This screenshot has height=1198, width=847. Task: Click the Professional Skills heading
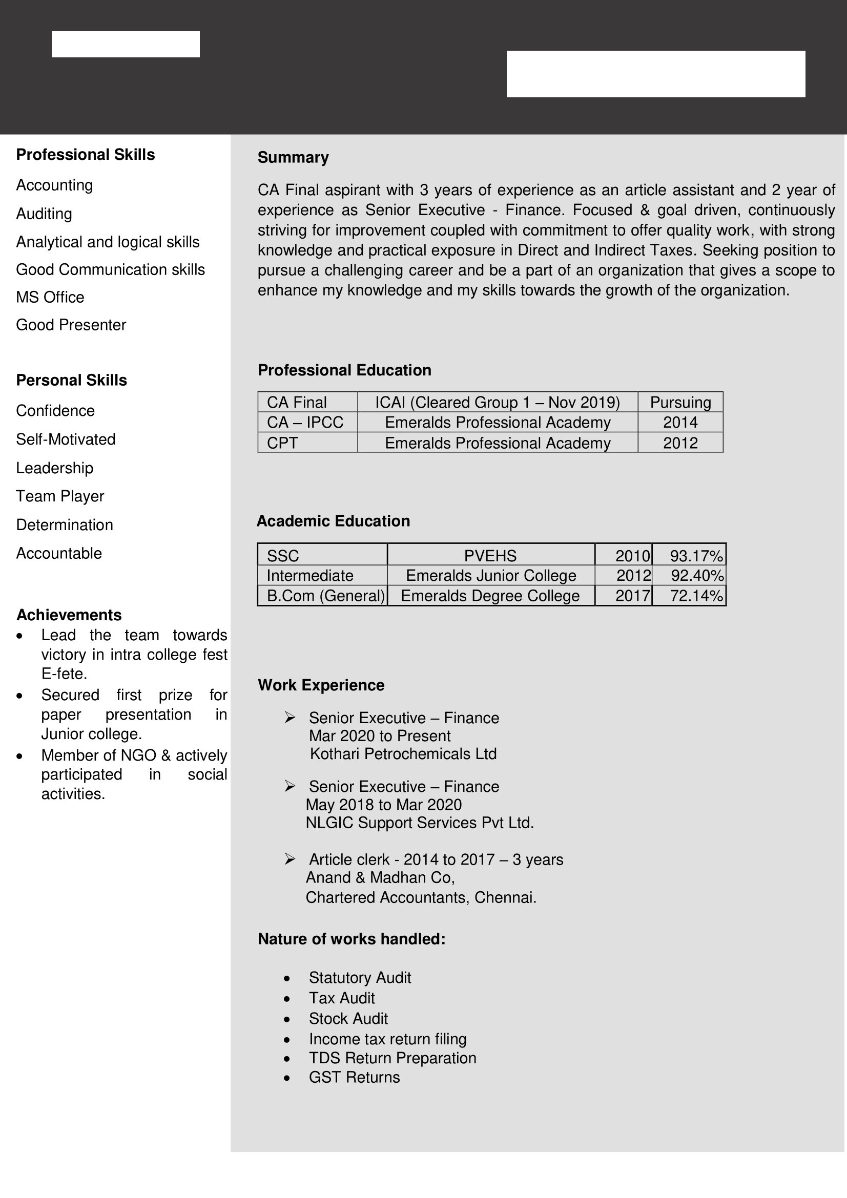(x=86, y=155)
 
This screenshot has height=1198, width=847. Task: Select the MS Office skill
(x=50, y=298)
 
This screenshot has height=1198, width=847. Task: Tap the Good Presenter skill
(x=71, y=325)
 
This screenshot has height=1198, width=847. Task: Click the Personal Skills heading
(x=72, y=381)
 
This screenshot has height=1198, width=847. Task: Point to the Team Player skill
(x=60, y=496)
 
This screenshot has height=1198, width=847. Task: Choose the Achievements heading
(x=69, y=615)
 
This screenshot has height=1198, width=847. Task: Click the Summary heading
(x=293, y=158)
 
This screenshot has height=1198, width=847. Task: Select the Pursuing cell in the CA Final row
(x=680, y=402)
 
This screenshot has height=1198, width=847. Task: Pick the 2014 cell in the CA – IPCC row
(x=680, y=423)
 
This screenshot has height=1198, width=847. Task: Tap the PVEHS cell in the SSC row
(x=490, y=556)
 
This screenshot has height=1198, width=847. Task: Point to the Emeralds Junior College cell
(x=491, y=576)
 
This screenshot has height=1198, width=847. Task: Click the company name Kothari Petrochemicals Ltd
(x=403, y=754)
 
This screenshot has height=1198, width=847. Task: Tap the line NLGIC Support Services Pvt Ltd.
(x=420, y=823)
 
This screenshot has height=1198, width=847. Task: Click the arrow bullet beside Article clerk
(x=290, y=859)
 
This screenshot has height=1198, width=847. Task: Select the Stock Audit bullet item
(x=348, y=1019)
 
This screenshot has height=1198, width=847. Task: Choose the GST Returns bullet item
(x=355, y=1077)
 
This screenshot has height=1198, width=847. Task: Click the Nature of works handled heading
(x=352, y=939)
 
